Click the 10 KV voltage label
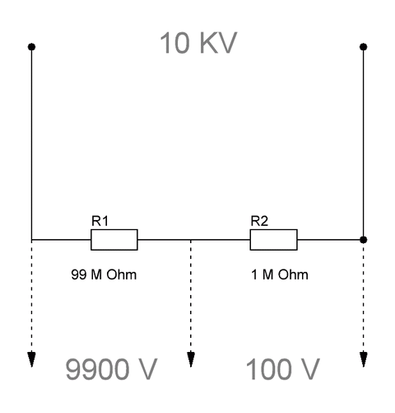[198, 43]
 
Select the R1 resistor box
[114, 240]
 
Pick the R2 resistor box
[273, 240]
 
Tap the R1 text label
[100, 221]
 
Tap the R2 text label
[259, 221]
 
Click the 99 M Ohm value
[104, 275]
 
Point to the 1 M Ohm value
[280, 275]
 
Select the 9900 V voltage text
[111, 369]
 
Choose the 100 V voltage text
[282, 369]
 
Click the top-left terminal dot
[31, 47]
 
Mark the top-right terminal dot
[364, 47]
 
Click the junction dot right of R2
[364, 240]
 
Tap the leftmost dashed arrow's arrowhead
[31, 359]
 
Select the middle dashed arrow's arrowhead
[191, 359]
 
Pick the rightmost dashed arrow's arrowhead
[364, 359]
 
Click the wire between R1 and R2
[194, 240]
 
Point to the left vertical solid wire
[31, 143]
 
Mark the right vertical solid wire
[364, 143]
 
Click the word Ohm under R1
[122, 275]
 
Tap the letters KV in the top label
[218, 43]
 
